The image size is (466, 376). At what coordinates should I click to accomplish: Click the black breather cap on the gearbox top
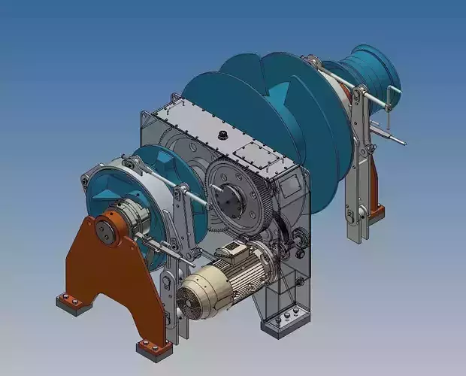222,135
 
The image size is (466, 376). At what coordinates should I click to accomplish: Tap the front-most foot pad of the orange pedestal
153,347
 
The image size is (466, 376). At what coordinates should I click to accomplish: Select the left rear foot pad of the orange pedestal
72,302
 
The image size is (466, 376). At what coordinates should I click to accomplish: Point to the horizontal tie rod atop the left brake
192,193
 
